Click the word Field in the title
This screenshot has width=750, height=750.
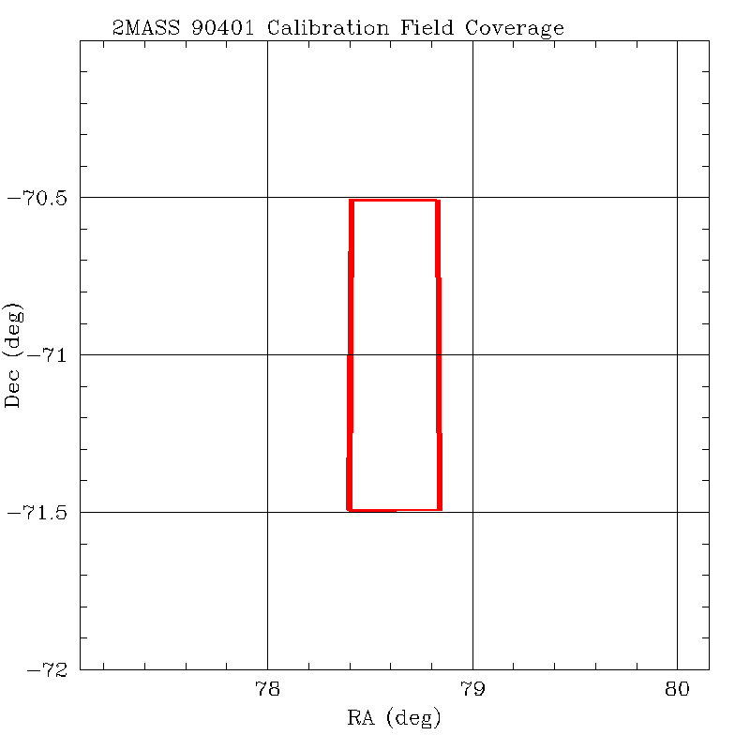427,28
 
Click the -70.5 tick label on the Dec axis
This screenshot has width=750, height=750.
38,198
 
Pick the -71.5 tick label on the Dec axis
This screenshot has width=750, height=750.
38,513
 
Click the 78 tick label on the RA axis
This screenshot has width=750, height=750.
268,690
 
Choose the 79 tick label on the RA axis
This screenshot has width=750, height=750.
472,690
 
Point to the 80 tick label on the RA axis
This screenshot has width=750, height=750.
677,690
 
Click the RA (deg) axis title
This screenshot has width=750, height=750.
394,720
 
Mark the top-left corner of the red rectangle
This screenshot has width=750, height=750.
352,201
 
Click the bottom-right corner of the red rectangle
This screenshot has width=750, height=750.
440,509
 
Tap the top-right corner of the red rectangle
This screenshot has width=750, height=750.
438,201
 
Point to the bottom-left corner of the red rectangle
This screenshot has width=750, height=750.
349,509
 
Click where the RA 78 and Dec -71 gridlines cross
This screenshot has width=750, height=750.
268,354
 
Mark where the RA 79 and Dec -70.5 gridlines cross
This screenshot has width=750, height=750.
472,197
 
